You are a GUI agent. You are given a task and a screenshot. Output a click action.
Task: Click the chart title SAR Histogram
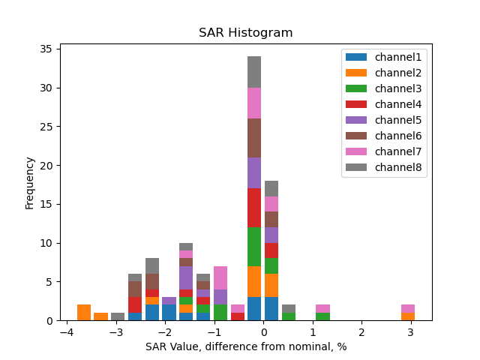245,33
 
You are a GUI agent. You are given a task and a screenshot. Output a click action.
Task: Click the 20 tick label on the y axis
46,166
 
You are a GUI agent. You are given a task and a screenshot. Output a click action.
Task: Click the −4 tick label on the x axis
66,333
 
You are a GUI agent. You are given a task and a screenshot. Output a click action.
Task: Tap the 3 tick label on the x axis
410,333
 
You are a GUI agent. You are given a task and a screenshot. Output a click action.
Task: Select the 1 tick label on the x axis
312,333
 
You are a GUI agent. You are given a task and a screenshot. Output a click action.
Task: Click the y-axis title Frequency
30,182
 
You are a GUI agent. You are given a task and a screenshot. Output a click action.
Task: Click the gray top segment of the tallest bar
254,72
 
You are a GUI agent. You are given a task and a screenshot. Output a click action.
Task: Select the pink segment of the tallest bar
254,103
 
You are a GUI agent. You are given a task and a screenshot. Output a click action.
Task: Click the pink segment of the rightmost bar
408,308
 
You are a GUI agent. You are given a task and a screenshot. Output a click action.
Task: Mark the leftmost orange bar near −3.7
84,312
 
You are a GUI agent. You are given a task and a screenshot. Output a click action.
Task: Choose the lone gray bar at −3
118,316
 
